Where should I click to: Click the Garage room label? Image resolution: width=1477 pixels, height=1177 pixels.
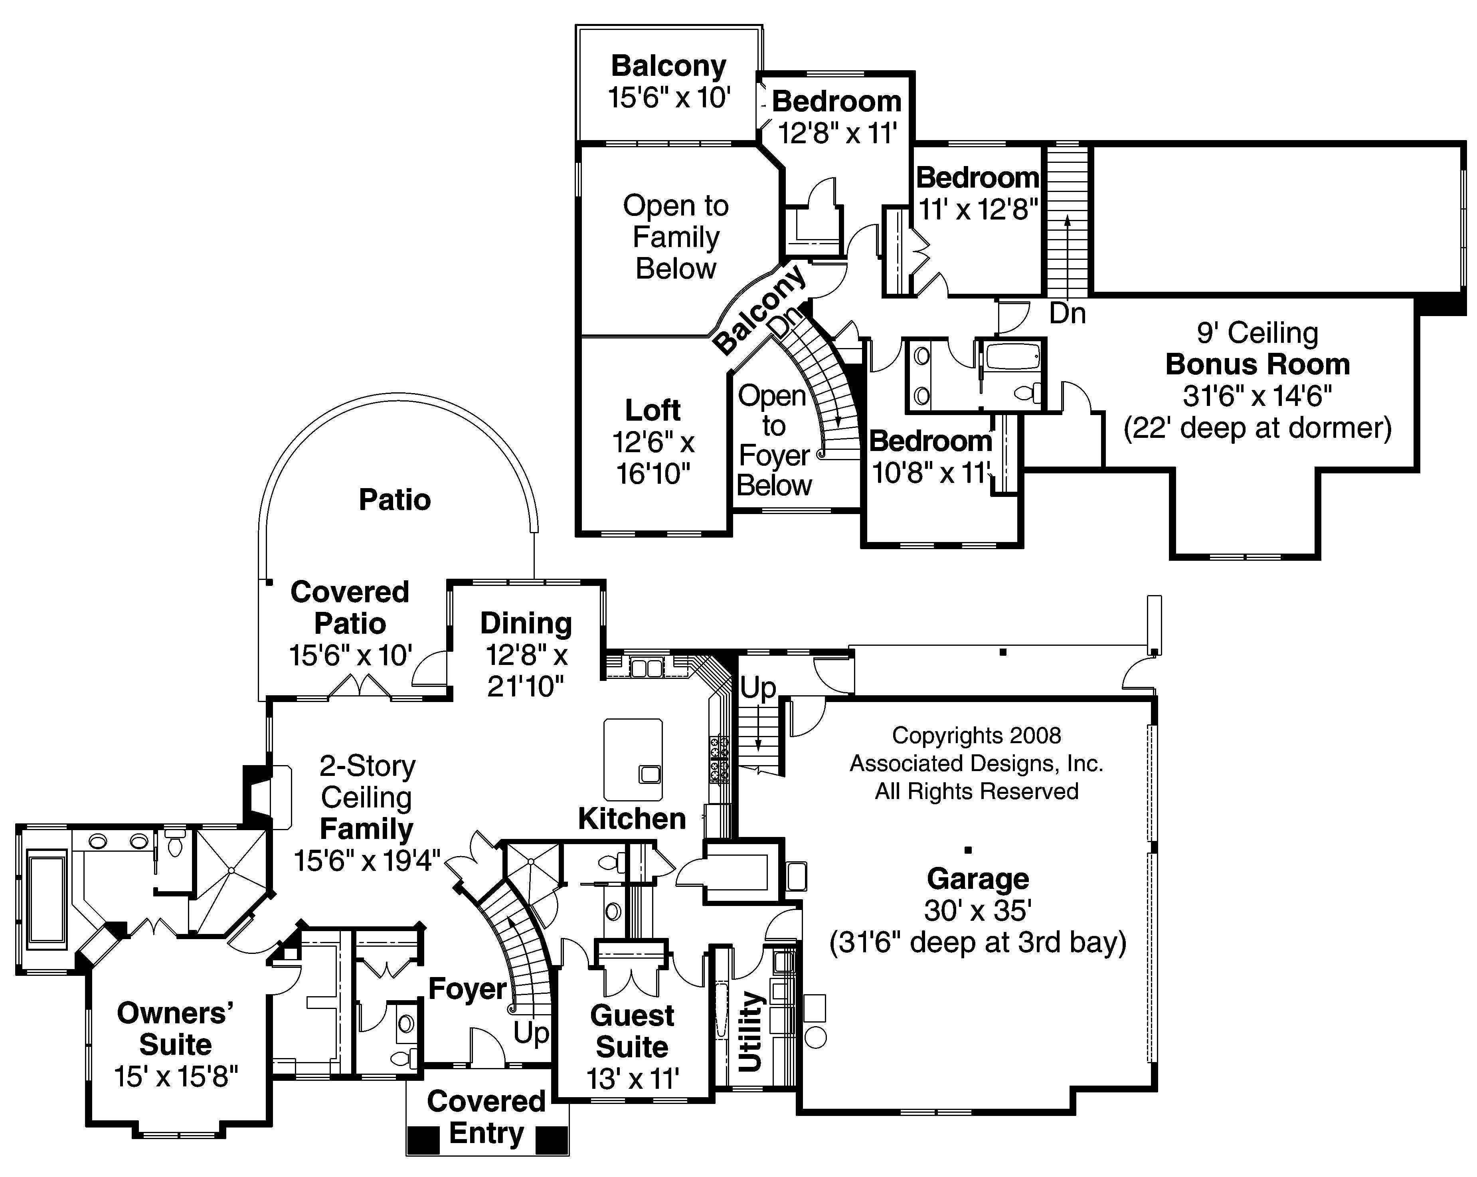point(978,879)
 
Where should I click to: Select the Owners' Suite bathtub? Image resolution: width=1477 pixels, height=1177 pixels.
point(47,898)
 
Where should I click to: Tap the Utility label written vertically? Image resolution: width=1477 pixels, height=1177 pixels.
point(751,1031)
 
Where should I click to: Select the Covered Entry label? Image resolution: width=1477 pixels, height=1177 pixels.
point(486,1117)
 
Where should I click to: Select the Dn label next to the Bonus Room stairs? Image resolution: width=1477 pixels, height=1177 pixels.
point(1067,314)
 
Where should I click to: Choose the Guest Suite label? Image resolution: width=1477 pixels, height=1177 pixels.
point(632,1031)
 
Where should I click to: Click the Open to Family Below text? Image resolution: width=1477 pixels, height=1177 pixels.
point(676,237)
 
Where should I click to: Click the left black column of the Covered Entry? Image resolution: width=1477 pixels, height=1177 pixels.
point(423,1140)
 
